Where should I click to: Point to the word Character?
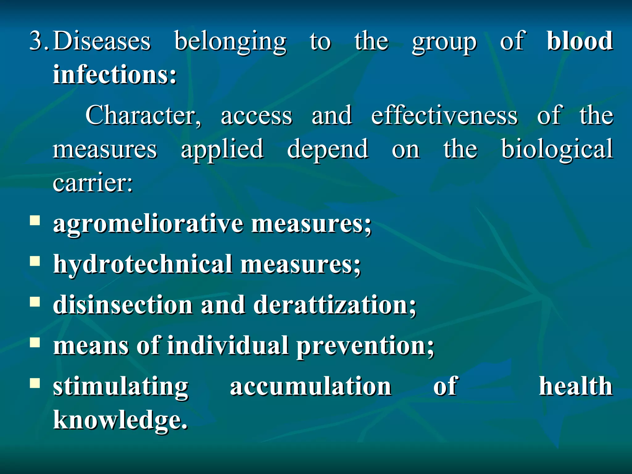(x=143, y=115)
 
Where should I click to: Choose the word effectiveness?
(x=444, y=115)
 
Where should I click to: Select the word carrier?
(x=93, y=183)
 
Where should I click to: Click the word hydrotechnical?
(x=143, y=264)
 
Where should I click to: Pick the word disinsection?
(x=123, y=305)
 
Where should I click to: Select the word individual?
(x=228, y=346)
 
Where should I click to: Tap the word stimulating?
(x=121, y=387)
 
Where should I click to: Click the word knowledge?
(x=120, y=420)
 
